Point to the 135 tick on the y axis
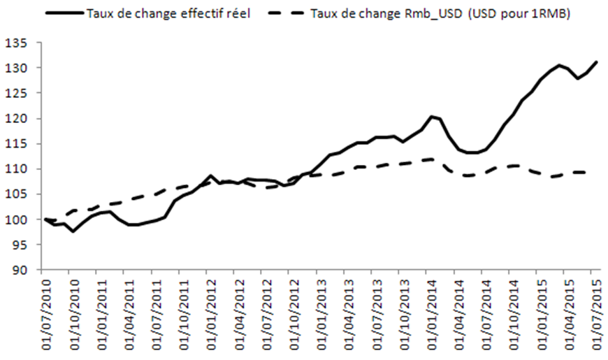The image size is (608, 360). [25, 43]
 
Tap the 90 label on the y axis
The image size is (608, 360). [28, 271]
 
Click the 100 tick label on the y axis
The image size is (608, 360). [25, 220]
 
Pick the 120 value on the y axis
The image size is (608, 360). [25, 119]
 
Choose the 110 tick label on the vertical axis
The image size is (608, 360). [25, 169]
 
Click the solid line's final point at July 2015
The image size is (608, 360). [596, 62]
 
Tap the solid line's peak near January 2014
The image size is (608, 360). [431, 116]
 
